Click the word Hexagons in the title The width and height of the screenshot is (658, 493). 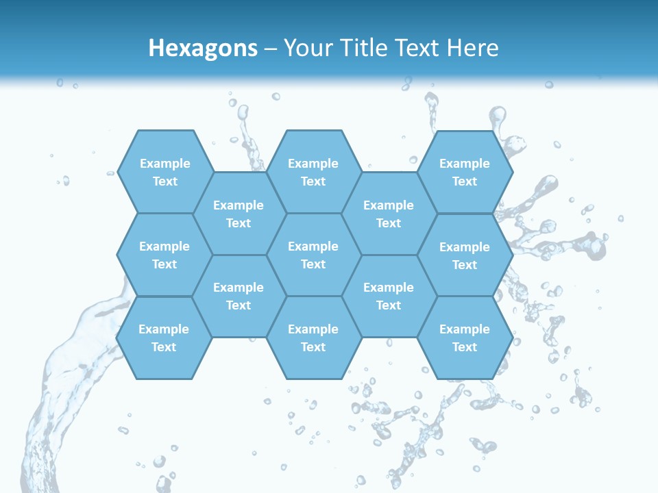[x=203, y=48]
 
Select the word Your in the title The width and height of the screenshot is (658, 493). [x=306, y=48]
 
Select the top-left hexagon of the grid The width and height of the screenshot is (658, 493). [x=164, y=172]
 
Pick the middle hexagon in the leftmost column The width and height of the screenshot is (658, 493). [x=164, y=255]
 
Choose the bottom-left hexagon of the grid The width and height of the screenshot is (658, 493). [x=164, y=338]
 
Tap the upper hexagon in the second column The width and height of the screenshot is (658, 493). [x=239, y=214]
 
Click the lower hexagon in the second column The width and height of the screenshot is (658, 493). [x=239, y=296]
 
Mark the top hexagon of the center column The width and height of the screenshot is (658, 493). [x=313, y=172]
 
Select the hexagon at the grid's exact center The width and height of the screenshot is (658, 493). [x=313, y=255]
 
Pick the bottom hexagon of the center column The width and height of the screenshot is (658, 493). [x=313, y=338]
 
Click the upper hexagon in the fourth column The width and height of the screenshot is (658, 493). [x=389, y=214]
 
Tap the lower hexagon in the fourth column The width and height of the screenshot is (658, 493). [x=389, y=296]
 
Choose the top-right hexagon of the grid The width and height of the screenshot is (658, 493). [x=465, y=172]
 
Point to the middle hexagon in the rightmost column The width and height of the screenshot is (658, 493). [x=465, y=255]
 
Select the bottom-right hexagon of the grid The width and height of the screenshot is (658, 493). [x=465, y=338]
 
